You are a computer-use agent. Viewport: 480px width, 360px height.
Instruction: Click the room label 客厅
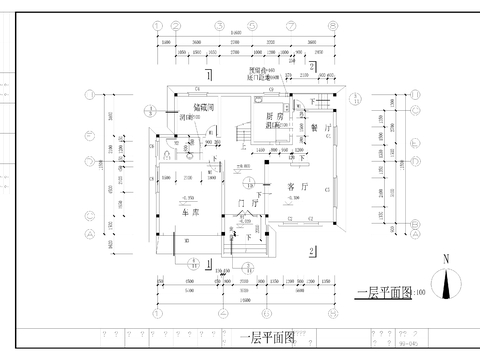pyautogui.click(x=297, y=187)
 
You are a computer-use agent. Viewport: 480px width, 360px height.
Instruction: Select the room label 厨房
pyautogui.click(x=275, y=117)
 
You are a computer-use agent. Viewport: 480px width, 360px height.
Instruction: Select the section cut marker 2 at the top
pyautogui.click(x=312, y=66)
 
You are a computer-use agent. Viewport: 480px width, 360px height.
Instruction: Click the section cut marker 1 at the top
pyautogui.click(x=207, y=75)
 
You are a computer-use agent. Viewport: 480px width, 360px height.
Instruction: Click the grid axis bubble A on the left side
pyautogui.click(x=92, y=233)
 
